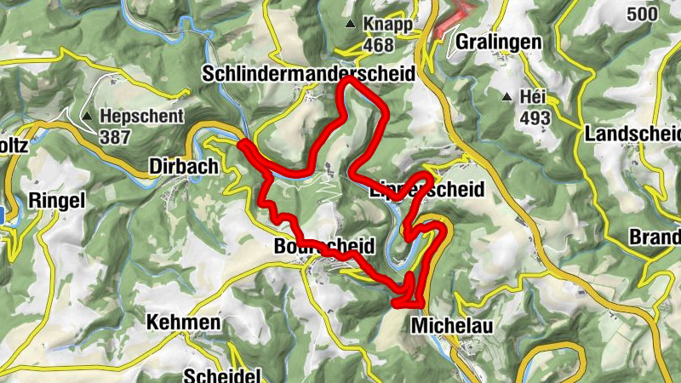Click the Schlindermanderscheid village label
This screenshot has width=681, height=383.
[x=307, y=74]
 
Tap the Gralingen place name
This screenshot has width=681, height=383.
[x=498, y=42]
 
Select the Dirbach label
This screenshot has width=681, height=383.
[x=184, y=165]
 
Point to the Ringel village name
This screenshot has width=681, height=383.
[x=58, y=201]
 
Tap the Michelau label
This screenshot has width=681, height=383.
[x=451, y=326]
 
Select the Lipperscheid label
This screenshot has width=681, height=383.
[x=426, y=189]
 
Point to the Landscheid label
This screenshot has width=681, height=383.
[x=633, y=134]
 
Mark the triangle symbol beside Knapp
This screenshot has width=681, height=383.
[x=351, y=26]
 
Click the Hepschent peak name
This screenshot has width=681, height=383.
[x=137, y=116]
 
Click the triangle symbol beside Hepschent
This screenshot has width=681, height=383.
[x=88, y=116]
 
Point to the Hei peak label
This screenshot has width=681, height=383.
[x=532, y=98]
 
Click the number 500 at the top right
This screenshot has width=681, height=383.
[x=644, y=14]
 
